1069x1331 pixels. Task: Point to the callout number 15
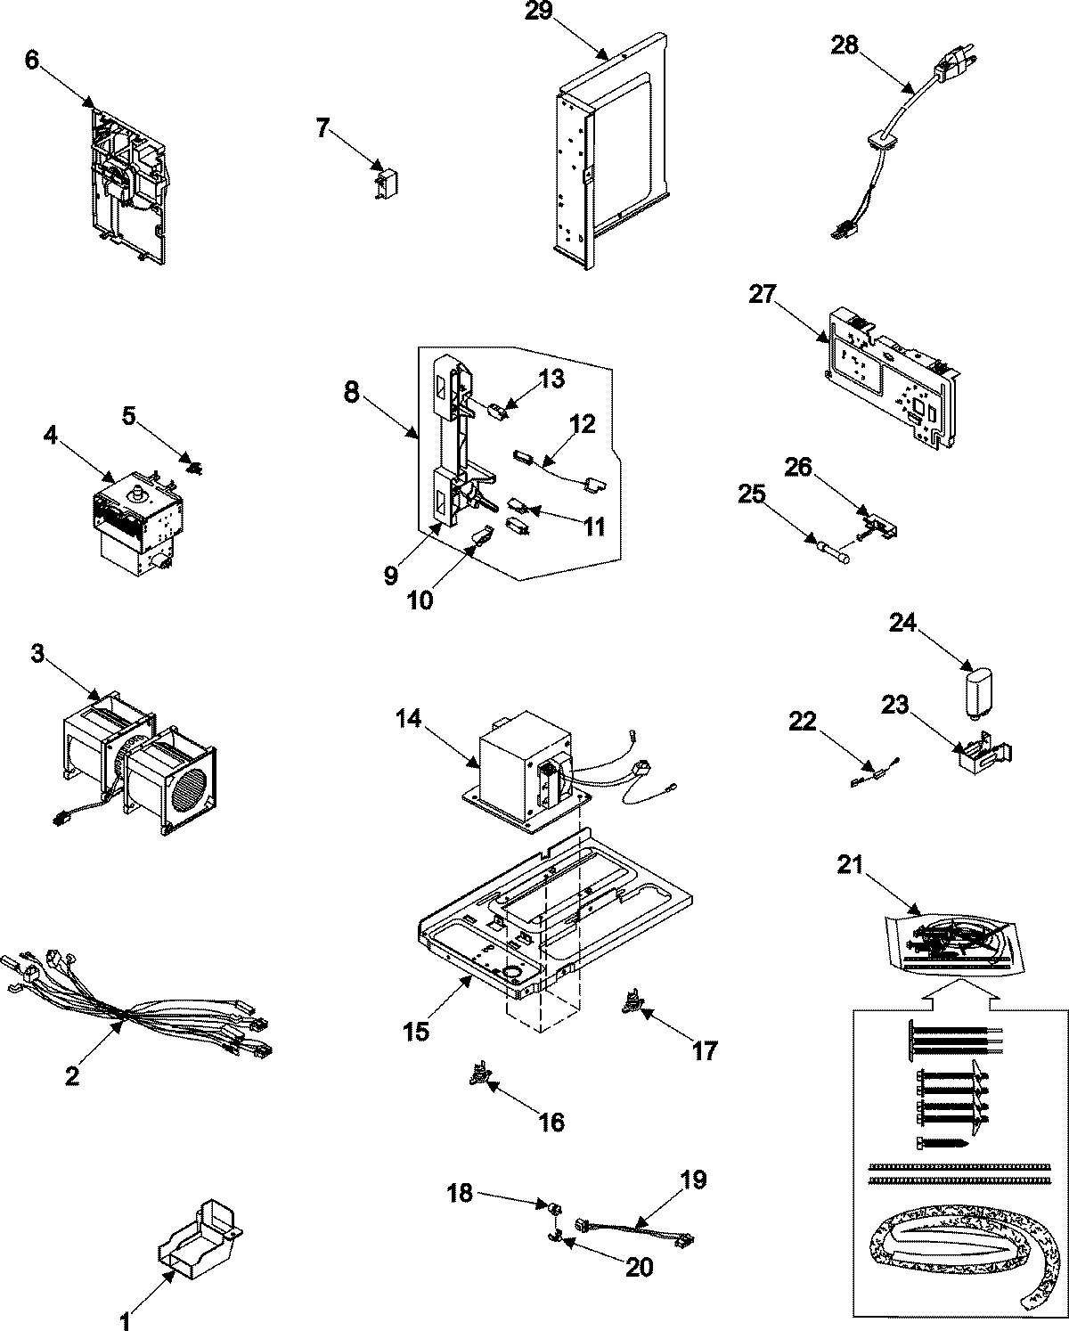click(416, 1032)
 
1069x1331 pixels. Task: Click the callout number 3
click(37, 655)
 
